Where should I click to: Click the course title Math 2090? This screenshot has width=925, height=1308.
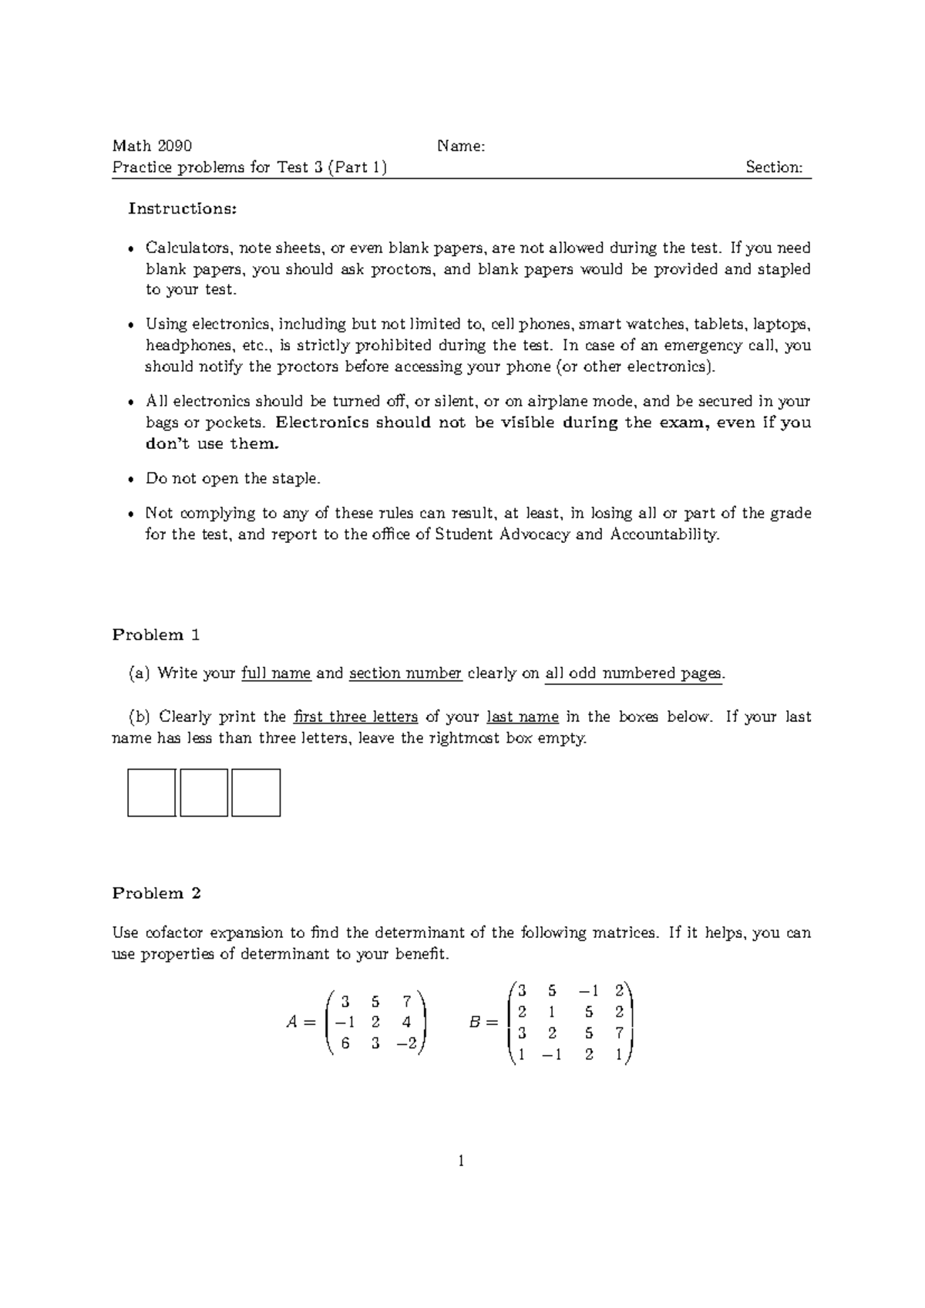[x=152, y=146]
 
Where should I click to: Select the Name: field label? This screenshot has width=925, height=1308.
[x=460, y=146]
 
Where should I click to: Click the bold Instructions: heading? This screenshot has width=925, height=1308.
[x=183, y=208]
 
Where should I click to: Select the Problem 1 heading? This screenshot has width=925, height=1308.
[x=156, y=635]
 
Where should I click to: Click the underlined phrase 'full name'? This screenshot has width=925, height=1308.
[x=276, y=673]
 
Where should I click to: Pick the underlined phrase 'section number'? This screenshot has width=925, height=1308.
[x=405, y=673]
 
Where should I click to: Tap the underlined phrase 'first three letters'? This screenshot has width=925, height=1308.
[x=356, y=716]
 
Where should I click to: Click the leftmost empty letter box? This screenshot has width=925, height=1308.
[x=151, y=792]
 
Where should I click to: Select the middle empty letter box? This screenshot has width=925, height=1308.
[x=203, y=792]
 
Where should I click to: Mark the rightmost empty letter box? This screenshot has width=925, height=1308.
[x=256, y=792]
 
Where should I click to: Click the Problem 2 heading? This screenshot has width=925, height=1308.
[x=156, y=893]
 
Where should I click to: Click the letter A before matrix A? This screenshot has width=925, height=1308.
[x=291, y=1023]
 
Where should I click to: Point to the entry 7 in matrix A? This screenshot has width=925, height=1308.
[x=406, y=1002]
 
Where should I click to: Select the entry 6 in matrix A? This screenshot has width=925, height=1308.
[x=345, y=1043]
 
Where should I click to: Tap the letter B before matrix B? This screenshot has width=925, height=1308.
[x=475, y=1023]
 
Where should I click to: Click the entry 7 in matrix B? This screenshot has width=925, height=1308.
[x=619, y=1033]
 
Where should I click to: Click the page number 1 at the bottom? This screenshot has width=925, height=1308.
[x=461, y=1161]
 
